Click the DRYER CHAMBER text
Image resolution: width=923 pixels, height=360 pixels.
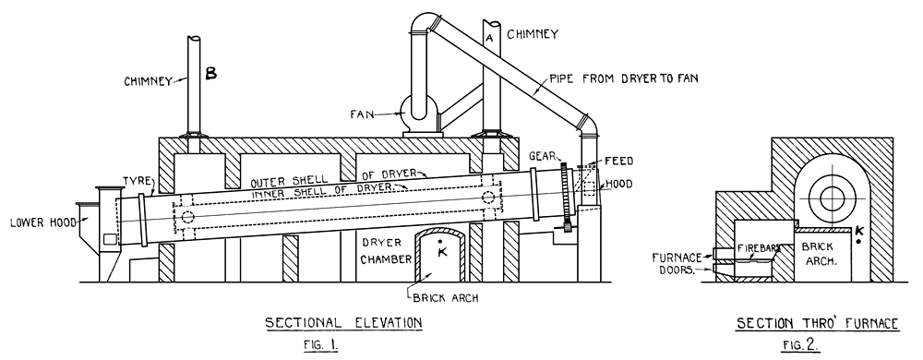[x=380, y=252]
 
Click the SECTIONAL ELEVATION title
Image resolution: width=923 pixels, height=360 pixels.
[x=343, y=322]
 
